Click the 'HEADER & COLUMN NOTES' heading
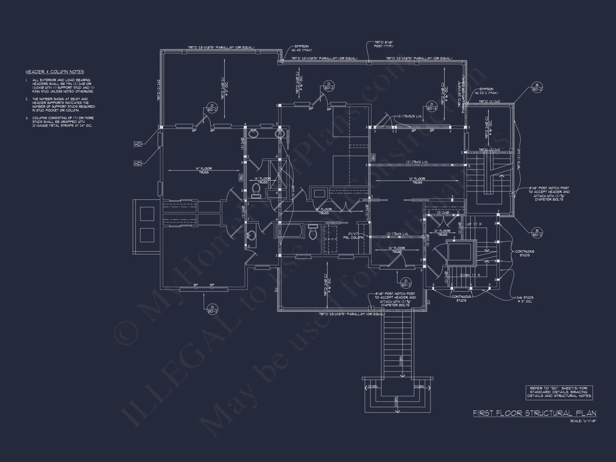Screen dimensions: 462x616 (x=55, y=72)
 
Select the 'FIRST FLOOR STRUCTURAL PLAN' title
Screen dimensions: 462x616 (x=534, y=413)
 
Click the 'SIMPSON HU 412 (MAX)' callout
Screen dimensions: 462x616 (x=301, y=48)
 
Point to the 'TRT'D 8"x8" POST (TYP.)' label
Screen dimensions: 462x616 (x=383, y=44)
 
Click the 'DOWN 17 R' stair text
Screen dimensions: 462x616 (x=470, y=275)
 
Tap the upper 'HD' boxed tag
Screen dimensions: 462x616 (x=138, y=144)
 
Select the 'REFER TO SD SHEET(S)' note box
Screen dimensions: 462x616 (x=559, y=392)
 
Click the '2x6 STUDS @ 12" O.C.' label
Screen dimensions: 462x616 (x=525, y=299)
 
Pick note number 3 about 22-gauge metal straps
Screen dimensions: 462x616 (x=62, y=122)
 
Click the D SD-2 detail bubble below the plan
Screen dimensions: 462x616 (x=212, y=309)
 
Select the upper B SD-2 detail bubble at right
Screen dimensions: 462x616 (x=537, y=87)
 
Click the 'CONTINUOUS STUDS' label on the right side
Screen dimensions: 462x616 (x=525, y=253)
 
